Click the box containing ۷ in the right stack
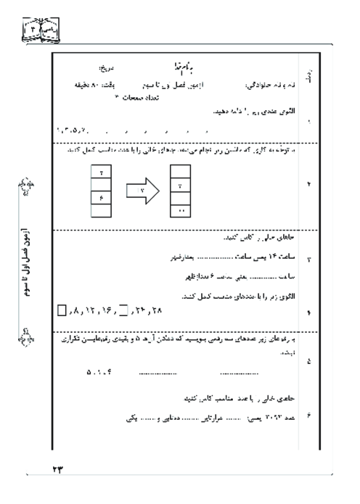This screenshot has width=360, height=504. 181,187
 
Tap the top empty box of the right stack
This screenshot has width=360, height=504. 181,172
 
